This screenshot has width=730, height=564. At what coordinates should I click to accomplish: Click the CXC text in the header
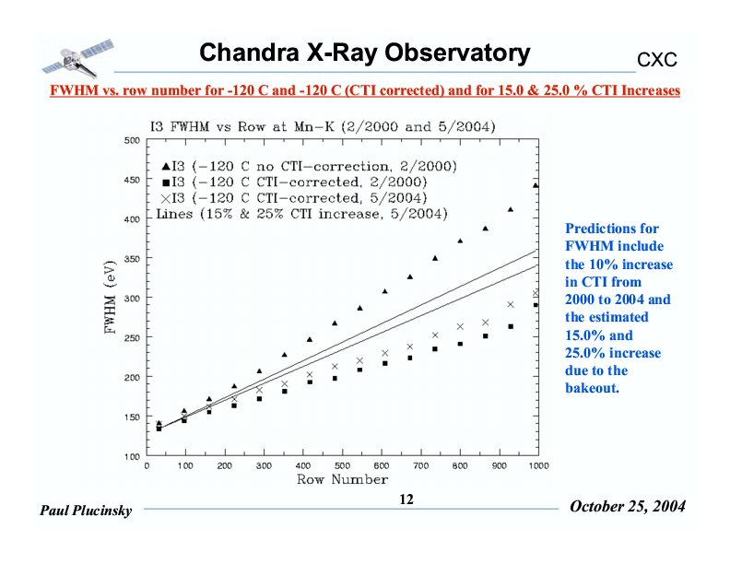pos(657,60)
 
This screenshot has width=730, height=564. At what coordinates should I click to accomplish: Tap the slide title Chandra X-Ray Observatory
pos(365,53)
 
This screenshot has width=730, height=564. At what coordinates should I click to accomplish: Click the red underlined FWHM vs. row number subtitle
pos(365,90)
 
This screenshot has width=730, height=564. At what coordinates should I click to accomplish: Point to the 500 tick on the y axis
pos(133,141)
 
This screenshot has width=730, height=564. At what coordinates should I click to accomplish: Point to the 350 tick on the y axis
pos(133,260)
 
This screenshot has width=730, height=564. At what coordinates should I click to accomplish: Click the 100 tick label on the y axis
pos(133,457)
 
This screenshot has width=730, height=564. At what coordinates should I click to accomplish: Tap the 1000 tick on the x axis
pos(537,466)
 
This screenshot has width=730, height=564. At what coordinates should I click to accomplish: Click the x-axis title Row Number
pos(342,479)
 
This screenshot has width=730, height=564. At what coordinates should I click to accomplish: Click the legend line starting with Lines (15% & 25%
pos(302,214)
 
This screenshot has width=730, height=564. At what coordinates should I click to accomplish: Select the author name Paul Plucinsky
pos(86,511)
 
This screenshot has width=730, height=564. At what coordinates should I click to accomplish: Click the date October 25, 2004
pos(628,507)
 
